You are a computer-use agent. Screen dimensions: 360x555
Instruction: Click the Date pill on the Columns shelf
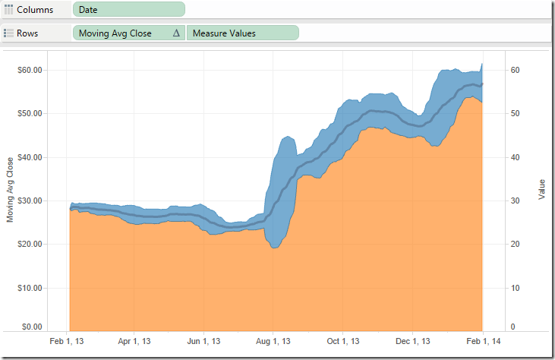[129, 9]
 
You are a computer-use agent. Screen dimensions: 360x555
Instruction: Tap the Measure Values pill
[242, 33]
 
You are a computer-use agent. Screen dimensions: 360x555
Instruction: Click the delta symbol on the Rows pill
[176, 33]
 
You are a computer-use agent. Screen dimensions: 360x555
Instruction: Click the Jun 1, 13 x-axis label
[205, 342]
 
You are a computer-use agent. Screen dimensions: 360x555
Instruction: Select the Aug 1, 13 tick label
[274, 342]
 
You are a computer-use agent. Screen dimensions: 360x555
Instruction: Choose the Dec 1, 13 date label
[413, 342]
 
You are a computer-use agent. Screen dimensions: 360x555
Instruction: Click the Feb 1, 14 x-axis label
[483, 342]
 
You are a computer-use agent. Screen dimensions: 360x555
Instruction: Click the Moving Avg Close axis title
[10, 190]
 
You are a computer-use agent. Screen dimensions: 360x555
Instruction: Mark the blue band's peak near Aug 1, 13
[286, 137]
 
